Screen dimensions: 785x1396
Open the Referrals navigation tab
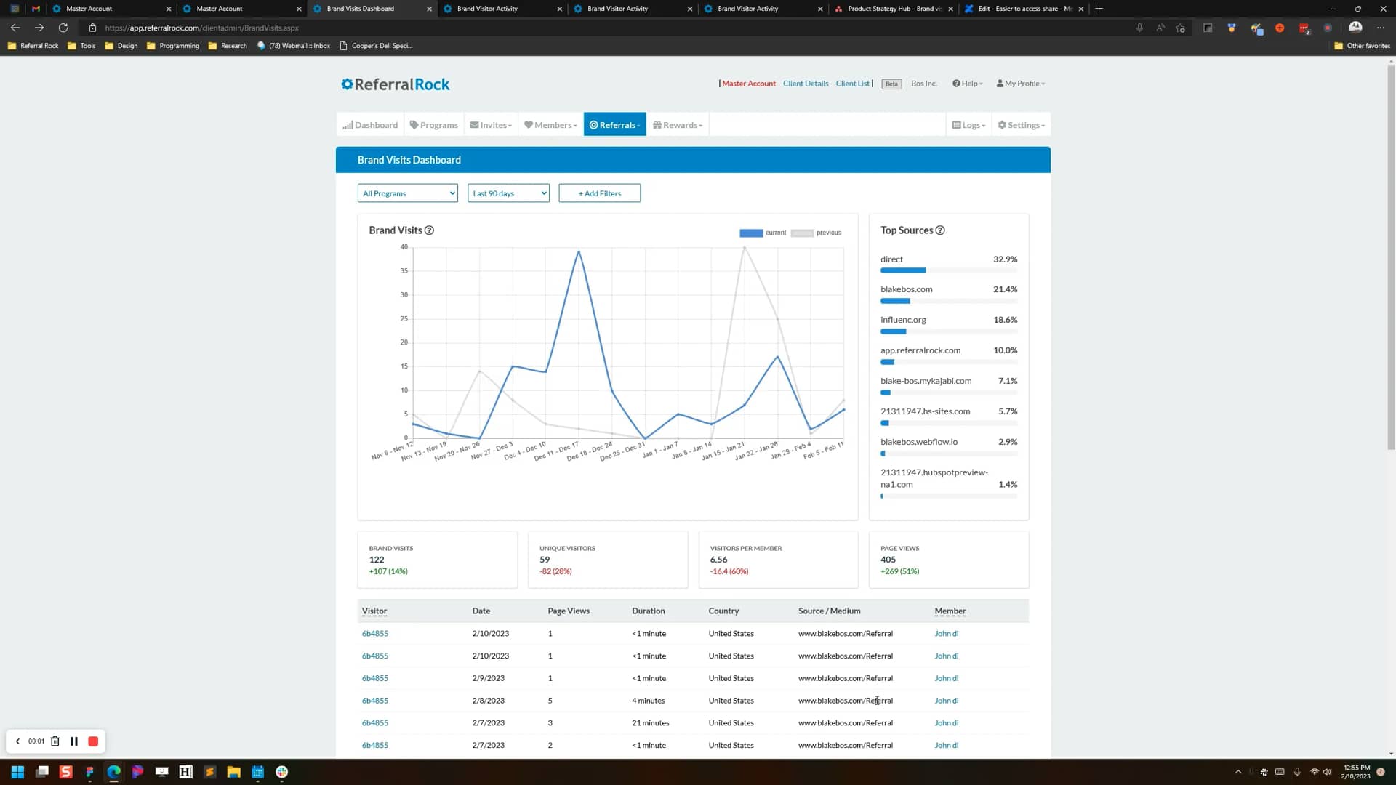coord(614,125)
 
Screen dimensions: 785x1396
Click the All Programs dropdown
coord(407,193)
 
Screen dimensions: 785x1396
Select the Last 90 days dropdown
coord(508,193)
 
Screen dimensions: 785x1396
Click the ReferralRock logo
coord(396,84)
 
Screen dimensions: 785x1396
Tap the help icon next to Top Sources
coord(940,230)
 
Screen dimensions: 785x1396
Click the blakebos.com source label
coord(906,289)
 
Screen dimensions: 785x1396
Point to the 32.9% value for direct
coord(1005,259)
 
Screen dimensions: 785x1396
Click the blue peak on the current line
coord(579,251)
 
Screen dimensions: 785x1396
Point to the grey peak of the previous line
coord(744,248)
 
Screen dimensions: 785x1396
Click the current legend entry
coord(763,233)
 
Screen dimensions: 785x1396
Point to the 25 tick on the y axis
coord(404,318)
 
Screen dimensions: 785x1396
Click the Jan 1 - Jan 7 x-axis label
coord(660,450)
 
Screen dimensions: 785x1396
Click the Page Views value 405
coord(888,560)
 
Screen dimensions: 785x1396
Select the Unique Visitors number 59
coord(545,560)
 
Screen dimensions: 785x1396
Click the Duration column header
coord(648,611)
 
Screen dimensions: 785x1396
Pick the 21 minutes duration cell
coord(650,723)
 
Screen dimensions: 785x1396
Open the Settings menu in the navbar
coord(1021,125)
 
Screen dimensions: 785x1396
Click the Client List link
coord(852,84)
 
